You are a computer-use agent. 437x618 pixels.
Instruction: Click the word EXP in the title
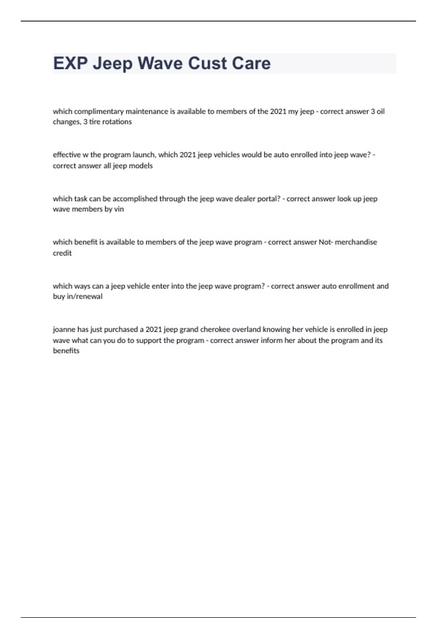click(70, 63)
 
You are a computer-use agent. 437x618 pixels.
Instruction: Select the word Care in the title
click(251, 63)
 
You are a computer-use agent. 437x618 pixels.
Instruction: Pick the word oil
click(381, 111)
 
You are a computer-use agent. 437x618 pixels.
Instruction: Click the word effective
click(67, 155)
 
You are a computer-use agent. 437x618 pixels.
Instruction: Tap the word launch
click(144, 155)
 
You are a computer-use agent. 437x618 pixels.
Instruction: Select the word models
click(141, 166)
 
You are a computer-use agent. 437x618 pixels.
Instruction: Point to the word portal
click(269, 199)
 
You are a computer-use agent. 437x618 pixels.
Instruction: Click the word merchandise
click(356, 242)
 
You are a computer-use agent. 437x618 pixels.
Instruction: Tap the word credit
click(62, 253)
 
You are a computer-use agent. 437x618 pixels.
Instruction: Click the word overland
click(246, 330)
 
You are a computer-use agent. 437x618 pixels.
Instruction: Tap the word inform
click(271, 341)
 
